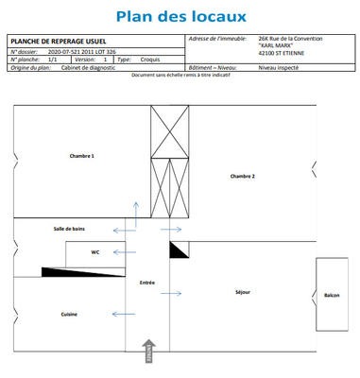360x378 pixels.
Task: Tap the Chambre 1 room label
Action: (x=82, y=156)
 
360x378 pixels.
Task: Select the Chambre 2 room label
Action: (x=243, y=177)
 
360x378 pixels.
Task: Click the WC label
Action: (x=94, y=252)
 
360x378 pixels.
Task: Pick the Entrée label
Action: (x=146, y=282)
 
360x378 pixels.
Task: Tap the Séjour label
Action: (x=243, y=292)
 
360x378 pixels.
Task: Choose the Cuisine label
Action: (x=69, y=314)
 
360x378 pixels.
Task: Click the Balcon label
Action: (x=332, y=296)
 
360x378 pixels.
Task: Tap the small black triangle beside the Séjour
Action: (x=178, y=249)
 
